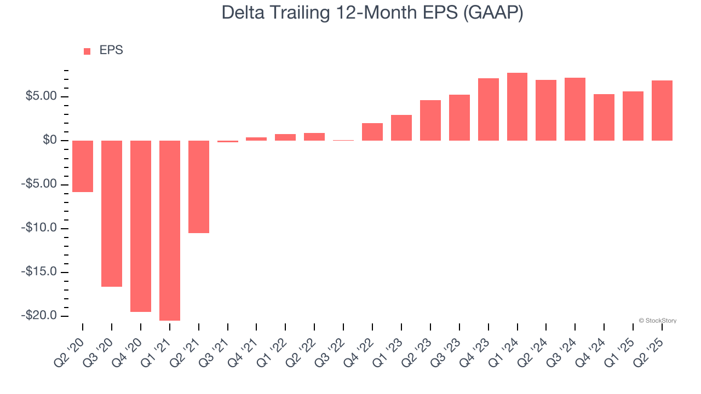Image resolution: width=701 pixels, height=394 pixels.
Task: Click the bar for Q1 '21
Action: [170, 230]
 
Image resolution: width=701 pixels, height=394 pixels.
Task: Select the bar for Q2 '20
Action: [83, 166]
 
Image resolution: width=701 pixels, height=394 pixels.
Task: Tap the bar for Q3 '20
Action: [112, 213]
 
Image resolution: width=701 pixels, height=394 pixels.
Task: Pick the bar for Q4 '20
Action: [141, 226]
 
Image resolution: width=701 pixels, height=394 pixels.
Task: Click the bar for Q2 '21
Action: [199, 187]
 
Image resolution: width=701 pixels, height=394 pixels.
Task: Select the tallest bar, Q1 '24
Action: [517, 107]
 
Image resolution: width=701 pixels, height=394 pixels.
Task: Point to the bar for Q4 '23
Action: [488, 109]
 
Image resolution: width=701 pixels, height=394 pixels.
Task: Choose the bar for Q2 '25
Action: [662, 111]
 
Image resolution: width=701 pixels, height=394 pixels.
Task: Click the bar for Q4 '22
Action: [372, 132]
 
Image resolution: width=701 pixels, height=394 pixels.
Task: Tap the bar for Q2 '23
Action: [430, 120]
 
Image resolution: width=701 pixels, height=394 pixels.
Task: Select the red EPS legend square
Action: [87, 51]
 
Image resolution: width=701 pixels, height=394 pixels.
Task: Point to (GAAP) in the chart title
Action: [493, 13]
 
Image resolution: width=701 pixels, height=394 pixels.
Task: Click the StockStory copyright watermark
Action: [657, 321]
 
